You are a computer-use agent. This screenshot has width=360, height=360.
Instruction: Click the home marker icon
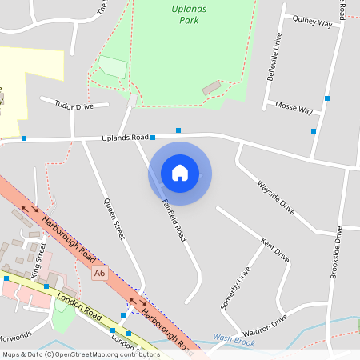(180, 172)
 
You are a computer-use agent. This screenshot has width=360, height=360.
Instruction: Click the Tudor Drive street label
(74, 106)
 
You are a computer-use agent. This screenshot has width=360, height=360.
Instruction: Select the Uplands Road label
(126, 138)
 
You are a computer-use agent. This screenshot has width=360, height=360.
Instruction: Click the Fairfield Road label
(174, 220)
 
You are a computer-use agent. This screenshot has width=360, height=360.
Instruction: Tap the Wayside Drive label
(275, 196)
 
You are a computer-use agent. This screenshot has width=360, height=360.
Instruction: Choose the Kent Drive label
(275, 250)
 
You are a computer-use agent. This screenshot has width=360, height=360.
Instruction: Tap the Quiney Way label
(312, 22)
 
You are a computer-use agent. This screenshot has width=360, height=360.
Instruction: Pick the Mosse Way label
(293, 107)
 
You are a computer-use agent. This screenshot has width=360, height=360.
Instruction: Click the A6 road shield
(99, 274)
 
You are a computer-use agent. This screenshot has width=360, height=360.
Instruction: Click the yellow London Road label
(78, 307)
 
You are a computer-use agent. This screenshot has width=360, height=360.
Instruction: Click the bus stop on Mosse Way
(314, 130)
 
